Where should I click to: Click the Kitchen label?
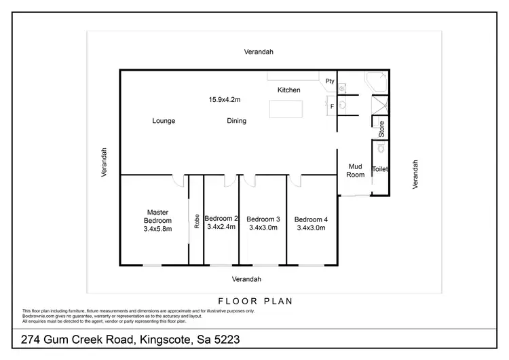pyautogui.click(x=288, y=90)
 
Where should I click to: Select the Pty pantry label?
pyautogui.click(x=330, y=81)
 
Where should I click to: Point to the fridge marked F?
pyautogui.click(x=332, y=107)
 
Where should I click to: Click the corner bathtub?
pyautogui.click(x=376, y=82)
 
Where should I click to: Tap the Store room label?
pyautogui.click(x=381, y=127)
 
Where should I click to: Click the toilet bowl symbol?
pyautogui.click(x=381, y=147)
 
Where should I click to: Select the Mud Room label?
pyautogui.click(x=356, y=170)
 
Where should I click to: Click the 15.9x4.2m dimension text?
pyautogui.click(x=225, y=99)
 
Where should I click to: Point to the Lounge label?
pyautogui.click(x=164, y=121)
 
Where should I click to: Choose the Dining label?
pyautogui.click(x=236, y=121)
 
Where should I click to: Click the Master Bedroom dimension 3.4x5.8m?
pyautogui.click(x=157, y=229)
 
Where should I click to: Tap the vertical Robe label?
pyautogui.click(x=197, y=221)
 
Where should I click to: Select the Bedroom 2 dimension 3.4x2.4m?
pyautogui.click(x=221, y=227)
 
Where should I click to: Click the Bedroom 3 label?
pyautogui.click(x=263, y=219)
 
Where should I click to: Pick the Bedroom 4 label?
pyautogui.click(x=311, y=219)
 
